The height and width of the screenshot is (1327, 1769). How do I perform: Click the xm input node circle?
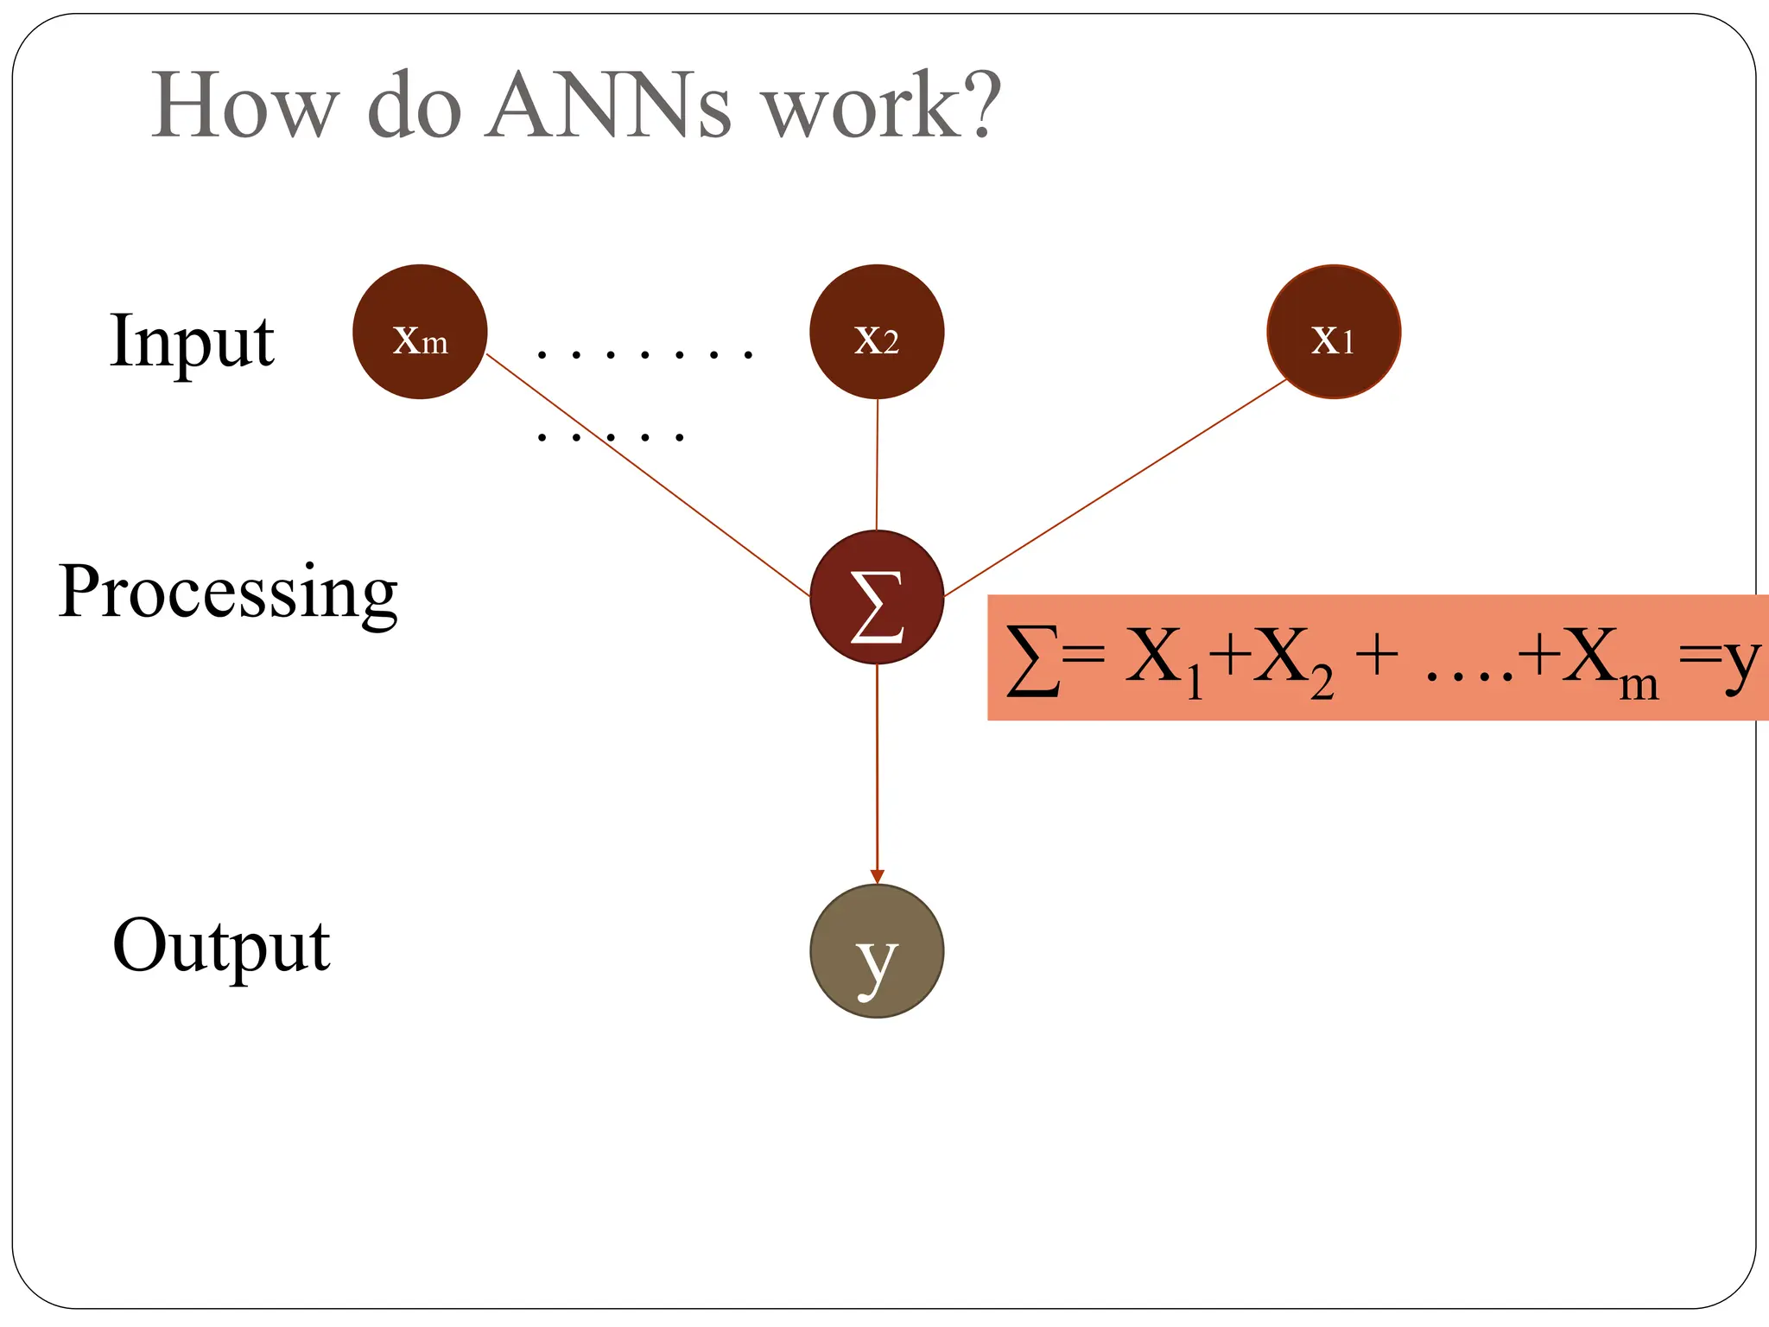(x=420, y=332)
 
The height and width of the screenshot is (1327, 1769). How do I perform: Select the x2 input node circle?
(x=877, y=332)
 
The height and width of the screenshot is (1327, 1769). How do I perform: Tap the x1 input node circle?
(x=1334, y=332)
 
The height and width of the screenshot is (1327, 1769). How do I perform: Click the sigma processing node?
(x=877, y=597)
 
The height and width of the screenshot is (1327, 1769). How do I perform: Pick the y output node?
(x=877, y=951)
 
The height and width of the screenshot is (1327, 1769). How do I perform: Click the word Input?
(x=192, y=341)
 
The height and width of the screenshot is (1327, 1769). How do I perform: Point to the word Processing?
(x=228, y=592)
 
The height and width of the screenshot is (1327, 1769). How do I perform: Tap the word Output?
(x=221, y=946)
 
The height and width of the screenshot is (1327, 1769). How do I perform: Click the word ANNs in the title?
(x=608, y=105)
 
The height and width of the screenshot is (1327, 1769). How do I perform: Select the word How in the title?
(x=244, y=105)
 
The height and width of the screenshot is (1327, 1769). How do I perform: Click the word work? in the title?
(x=881, y=105)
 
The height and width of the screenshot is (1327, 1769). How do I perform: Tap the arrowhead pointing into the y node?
(x=878, y=876)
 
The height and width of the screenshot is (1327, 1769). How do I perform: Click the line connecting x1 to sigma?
(x=1114, y=489)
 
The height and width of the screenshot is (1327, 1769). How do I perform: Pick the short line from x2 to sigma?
(x=877, y=465)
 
